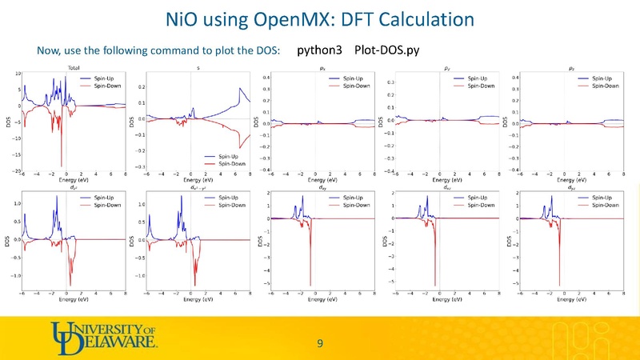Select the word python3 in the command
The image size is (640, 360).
(x=319, y=50)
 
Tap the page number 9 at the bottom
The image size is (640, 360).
(x=320, y=344)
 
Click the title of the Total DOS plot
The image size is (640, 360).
(x=73, y=68)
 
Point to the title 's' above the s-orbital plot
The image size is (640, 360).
(x=198, y=68)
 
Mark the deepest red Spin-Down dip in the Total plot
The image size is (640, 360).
(x=61, y=164)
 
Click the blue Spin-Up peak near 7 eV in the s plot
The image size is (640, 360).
(x=240, y=88)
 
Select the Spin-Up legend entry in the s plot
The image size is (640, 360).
(x=223, y=156)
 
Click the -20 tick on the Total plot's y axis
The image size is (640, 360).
(x=18, y=171)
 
